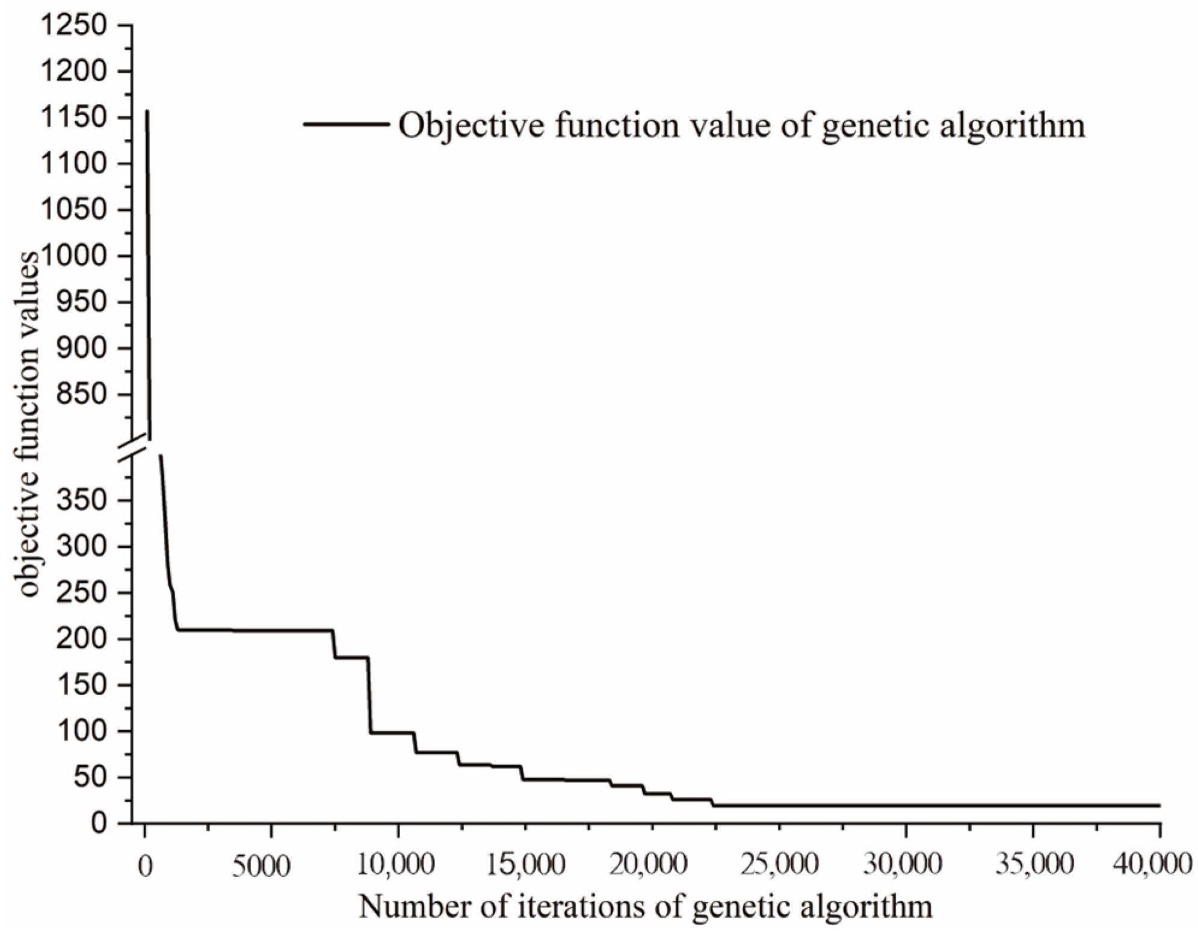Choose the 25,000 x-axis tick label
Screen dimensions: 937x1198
point(779,867)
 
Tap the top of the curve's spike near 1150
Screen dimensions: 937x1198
point(147,112)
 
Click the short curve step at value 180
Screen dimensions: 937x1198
point(351,657)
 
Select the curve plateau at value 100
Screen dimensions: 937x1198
point(392,732)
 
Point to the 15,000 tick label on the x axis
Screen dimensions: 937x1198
point(525,867)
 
